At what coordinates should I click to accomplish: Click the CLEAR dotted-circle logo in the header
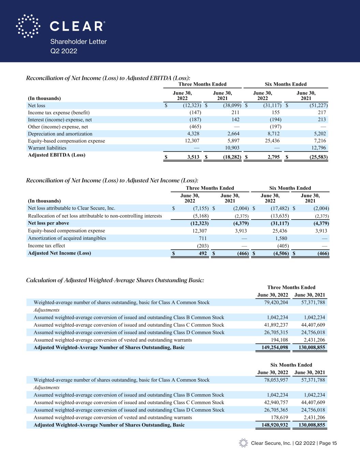pyautogui.click(x=28, y=26)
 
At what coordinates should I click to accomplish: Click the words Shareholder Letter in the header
pyautogui.click(x=78, y=42)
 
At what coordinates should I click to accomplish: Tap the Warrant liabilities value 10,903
pyautogui.click(x=232, y=148)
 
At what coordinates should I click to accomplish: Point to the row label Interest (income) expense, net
pyautogui.click(x=60, y=119)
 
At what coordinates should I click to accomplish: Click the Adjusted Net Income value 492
pyautogui.click(x=203, y=253)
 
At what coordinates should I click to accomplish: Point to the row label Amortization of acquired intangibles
pyautogui.click(x=67, y=238)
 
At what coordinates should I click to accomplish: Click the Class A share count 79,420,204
pyautogui.click(x=274, y=302)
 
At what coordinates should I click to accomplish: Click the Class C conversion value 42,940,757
pyautogui.click(x=274, y=403)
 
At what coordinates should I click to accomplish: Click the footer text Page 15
pyautogui.click(x=328, y=443)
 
